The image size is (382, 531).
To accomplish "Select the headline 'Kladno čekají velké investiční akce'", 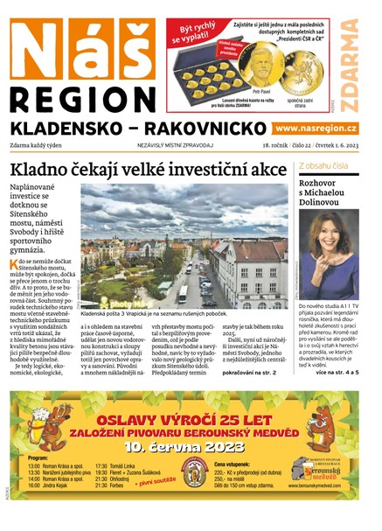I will [x=149, y=169].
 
